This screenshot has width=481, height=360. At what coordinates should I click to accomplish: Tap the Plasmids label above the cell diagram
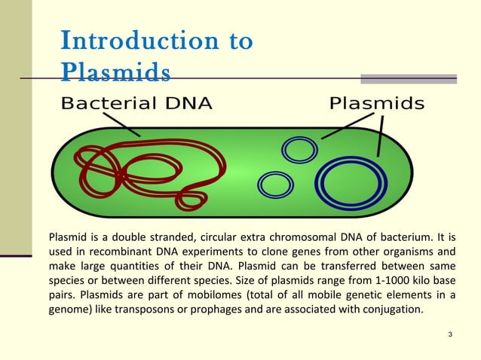(x=377, y=103)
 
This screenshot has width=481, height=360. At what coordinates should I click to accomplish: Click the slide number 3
(x=449, y=334)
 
